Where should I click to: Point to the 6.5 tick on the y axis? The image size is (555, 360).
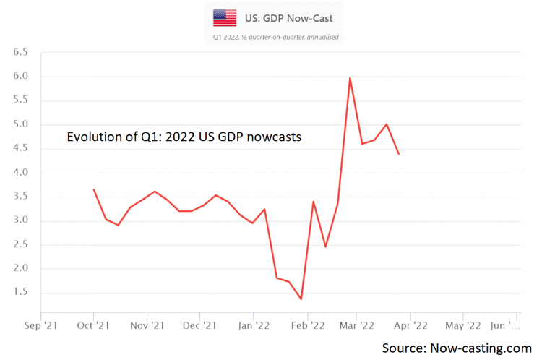coord(20,53)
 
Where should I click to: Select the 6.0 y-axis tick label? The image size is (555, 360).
coord(20,77)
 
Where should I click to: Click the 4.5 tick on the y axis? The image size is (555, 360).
coord(20,149)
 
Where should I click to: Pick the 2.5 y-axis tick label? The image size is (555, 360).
coord(20,245)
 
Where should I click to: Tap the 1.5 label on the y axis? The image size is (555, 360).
coord(20,293)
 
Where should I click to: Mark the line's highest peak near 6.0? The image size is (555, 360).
coord(350,78)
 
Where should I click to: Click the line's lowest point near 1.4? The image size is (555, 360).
coord(301,299)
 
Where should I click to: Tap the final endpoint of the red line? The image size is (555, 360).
coord(399,154)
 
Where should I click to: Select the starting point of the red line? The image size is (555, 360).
coord(94,189)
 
